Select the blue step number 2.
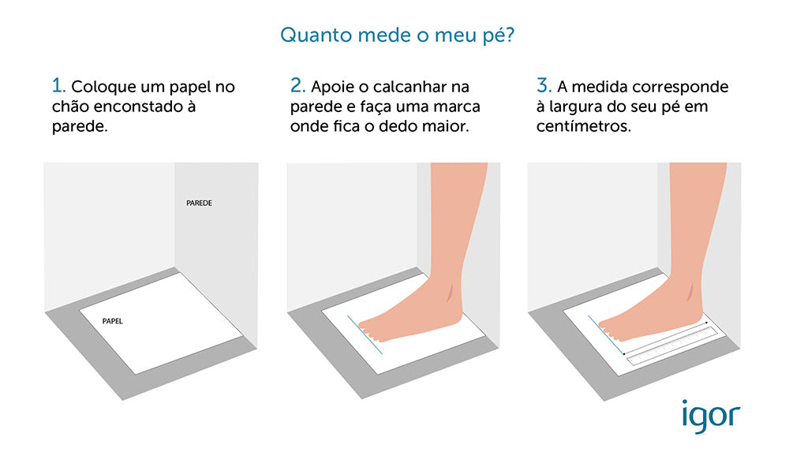tap(297, 85)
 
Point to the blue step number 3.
tap(542, 85)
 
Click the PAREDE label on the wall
tap(199, 203)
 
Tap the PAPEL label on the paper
tap(113, 322)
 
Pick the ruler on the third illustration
tap(671, 345)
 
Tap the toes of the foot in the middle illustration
tap(371, 326)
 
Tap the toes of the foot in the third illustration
tap(611, 326)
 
